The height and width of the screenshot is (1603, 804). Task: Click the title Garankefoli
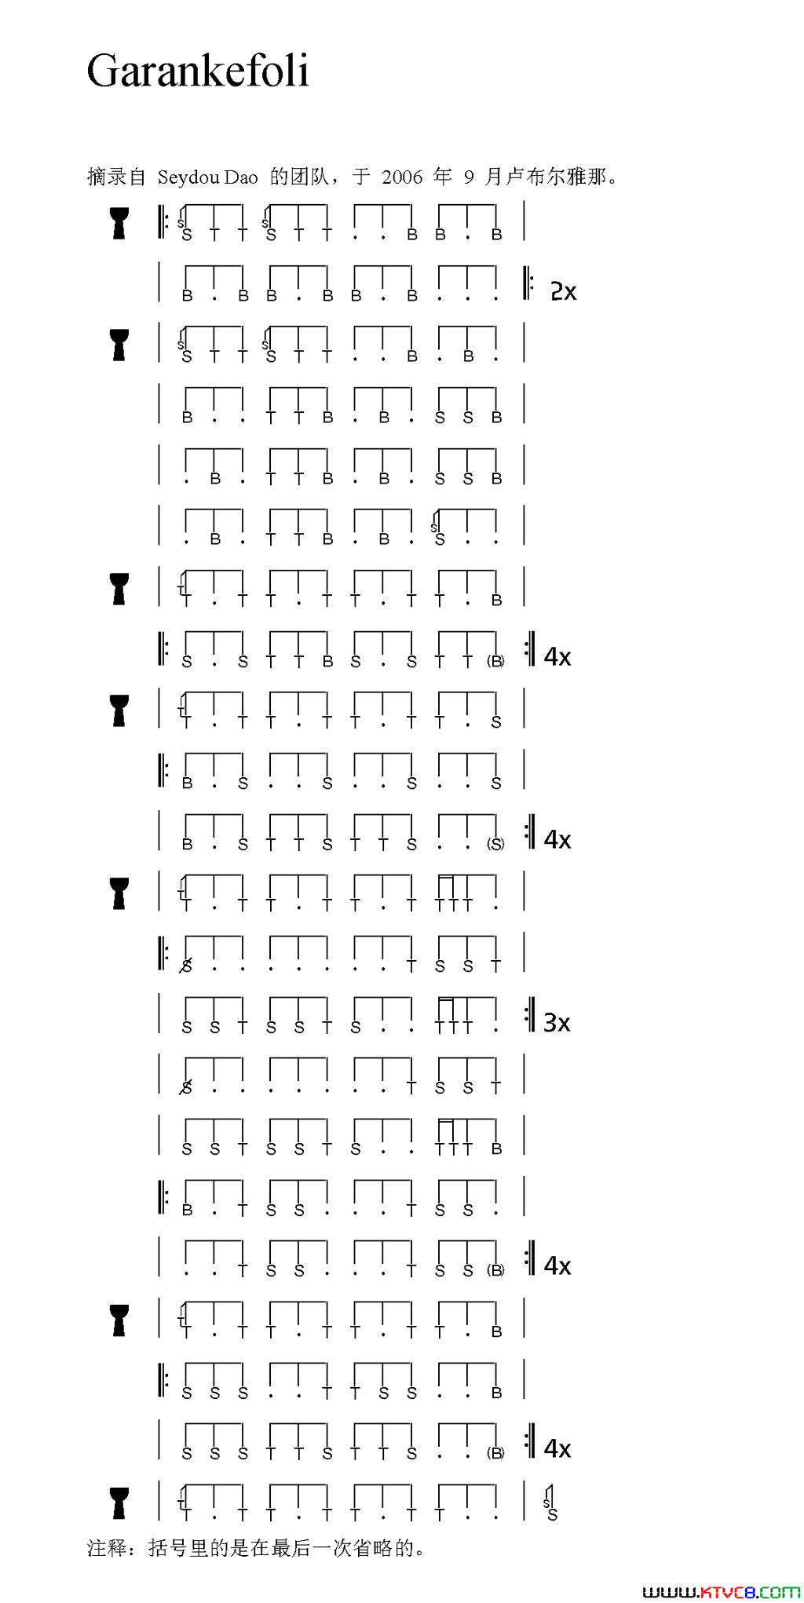click(x=198, y=71)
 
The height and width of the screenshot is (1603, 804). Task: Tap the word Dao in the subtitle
click(x=241, y=177)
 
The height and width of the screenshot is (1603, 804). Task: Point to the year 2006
click(x=402, y=177)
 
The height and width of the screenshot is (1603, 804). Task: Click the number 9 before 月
click(x=469, y=177)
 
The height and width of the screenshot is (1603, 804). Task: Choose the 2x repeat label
click(x=564, y=291)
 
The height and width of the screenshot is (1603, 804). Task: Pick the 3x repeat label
click(x=557, y=1022)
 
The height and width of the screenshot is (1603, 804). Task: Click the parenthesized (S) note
click(x=495, y=844)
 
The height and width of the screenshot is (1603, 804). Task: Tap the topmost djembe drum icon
click(x=119, y=223)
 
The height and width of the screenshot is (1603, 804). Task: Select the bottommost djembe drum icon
click(x=119, y=1503)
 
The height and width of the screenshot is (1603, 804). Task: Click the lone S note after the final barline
click(x=552, y=1515)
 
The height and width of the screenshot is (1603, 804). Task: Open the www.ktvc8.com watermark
click(x=721, y=1591)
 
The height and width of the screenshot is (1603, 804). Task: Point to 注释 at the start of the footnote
click(x=106, y=1547)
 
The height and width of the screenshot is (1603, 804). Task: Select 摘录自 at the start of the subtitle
click(x=116, y=177)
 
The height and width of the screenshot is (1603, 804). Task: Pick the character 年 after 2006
click(x=443, y=177)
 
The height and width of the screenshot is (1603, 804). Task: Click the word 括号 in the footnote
click(x=167, y=1547)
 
